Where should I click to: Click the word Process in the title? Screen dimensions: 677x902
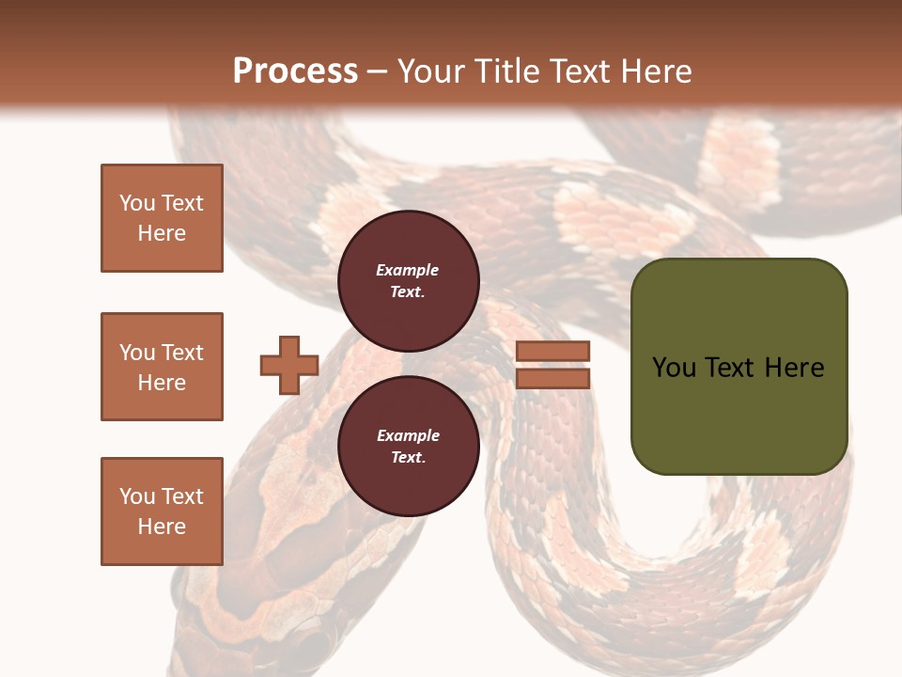295,71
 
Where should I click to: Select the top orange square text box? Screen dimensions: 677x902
162,218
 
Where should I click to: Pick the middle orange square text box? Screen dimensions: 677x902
162,367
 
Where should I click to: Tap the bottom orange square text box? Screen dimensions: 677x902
162,512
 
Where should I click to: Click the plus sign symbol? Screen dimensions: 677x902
289,365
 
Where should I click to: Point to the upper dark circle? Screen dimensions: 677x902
408,281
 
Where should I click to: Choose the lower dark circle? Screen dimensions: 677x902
408,447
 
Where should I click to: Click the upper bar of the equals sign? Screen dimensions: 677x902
552,351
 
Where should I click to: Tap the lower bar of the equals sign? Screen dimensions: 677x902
552,378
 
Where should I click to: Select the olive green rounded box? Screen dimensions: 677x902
739,366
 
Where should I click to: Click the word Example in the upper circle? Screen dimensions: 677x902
408,270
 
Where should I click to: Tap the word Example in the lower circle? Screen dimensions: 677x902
408,435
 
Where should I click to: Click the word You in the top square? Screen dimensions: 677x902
136,203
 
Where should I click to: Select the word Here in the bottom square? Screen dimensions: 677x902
162,527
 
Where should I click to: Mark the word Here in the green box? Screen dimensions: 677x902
794,368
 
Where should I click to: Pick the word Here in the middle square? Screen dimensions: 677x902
162,383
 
